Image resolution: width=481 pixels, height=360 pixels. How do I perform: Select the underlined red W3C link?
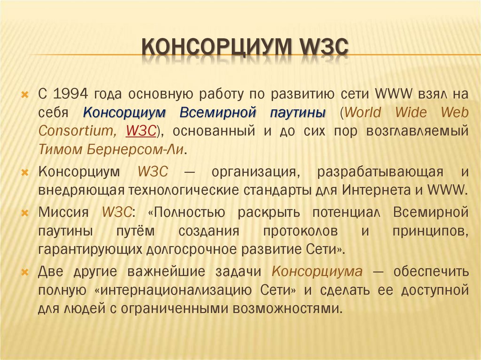point(140,131)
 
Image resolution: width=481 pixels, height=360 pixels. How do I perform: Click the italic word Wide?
point(411,113)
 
